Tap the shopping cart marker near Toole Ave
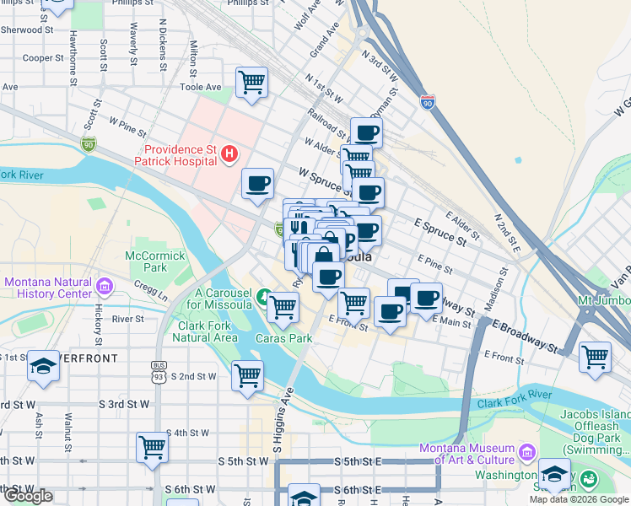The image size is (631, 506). pyautogui.click(x=251, y=83)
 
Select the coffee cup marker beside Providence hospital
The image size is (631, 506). pyautogui.click(x=258, y=183)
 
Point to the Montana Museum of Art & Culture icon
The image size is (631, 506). pyautogui.click(x=528, y=454)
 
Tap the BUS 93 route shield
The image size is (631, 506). pyautogui.click(x=158, y=367)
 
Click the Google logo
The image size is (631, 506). pyautogui.click(x=28, y=496)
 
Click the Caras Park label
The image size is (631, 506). pyautogui.click(x=283, y=338)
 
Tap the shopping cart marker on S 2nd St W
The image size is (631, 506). pyautogui.click(x=247, y=375)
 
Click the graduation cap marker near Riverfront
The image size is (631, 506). pyautogui.click(x=43, y=367)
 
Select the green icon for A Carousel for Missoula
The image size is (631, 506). pyautogui.click(x=264, y=296)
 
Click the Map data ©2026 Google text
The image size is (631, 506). pyautogui.click(x=578, y=499)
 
